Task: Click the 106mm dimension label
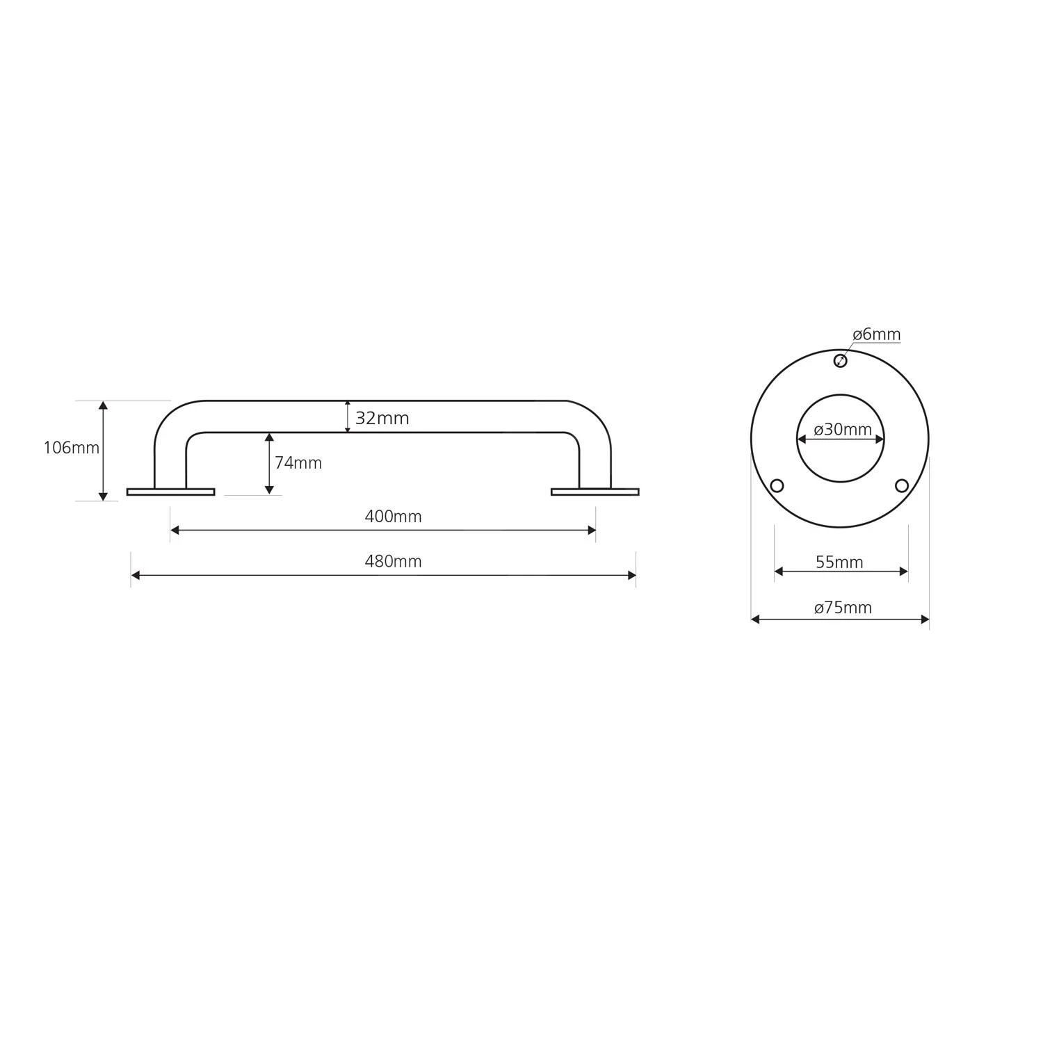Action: click(x=72, y=448)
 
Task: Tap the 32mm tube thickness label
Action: click(x=382, y=418)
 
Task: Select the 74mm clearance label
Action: click(x=298, y=462)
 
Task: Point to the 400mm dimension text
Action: click(x=393, y=517)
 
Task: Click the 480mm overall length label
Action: click(x=393, y=561)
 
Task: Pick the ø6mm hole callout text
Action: click(x=876, y=334)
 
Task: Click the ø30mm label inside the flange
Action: click(x=842, y=430)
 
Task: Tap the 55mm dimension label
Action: click(x=839, y=562)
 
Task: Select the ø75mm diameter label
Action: click(x=843, y=608)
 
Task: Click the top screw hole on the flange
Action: click(x=840, y=360)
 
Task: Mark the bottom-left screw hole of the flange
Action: click(x=777, y=485)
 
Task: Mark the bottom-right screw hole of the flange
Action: click(x=902, y=485)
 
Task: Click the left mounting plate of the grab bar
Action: click(x=170, y=492)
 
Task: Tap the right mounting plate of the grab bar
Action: click(x=595, y=492)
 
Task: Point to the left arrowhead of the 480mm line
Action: click(x=136, y=575)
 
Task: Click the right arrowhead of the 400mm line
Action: click(x=592, y=530)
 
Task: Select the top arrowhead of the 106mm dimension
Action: click(x=103, y=405)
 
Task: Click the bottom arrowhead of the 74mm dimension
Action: click(x=269, y=490)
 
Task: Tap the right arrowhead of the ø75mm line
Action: click(x=925, y=619)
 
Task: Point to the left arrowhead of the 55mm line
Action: click(x=779, y=572)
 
